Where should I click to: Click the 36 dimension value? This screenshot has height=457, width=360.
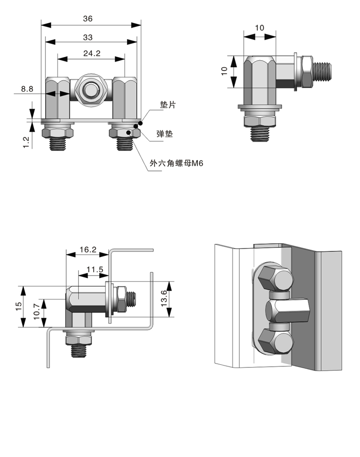pyautogui.click(x=88, y=19)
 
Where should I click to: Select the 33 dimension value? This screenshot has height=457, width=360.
pyautogui.click(x=88, y=37)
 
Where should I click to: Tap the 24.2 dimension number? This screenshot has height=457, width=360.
pyautogui.click(x=92, y=53)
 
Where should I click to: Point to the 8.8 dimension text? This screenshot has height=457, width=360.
pyautogui.click(x=27, y=89)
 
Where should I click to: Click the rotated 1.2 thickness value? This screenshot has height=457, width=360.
pyautogui.click(x=26, y=142)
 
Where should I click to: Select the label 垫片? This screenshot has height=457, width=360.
pyautogui.click(x=168, y=105)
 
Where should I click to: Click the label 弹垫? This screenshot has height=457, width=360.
pyautogui.click(x=164, y=134)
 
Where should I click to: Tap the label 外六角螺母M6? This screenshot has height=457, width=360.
pyautogui.click(x=176, y=163)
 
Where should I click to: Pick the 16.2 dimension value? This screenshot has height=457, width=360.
pyautogui.click(x=88, y=250)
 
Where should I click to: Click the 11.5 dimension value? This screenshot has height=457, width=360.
pyautogui.click(x=95, y=269)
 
